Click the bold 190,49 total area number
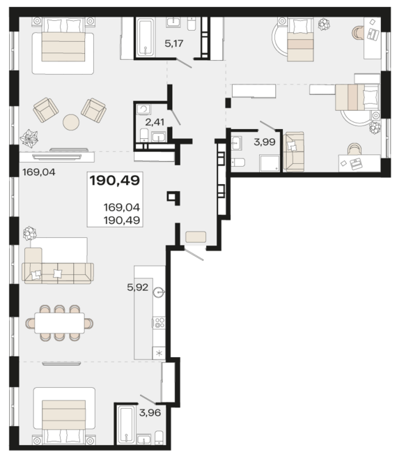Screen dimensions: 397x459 click(x=115, y=180)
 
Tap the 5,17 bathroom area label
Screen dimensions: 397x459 click(x=174, y=43)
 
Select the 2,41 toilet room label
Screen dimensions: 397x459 click(x=155, y=122)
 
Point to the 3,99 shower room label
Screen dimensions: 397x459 click(x=265, y=142)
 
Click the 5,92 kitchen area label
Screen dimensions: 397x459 click(x=138, y=287)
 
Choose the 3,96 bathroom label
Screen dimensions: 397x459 click(x=150, y=413)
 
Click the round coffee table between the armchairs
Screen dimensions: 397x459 click(x=71, y=122)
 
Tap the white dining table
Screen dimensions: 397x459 click(x=60, y=323)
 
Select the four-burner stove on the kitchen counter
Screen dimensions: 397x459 click(x=159, y=322)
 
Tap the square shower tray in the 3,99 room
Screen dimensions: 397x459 click(x=270, y=163)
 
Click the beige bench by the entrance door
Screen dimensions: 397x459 click(x=196, y=236)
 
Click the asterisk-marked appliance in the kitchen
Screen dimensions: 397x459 click(x=159, y=354)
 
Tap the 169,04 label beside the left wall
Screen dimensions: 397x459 click(x=39, y=172)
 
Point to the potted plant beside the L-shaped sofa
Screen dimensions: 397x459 click(x=29, y=233)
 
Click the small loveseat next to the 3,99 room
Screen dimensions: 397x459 click(x=294, y=151)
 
